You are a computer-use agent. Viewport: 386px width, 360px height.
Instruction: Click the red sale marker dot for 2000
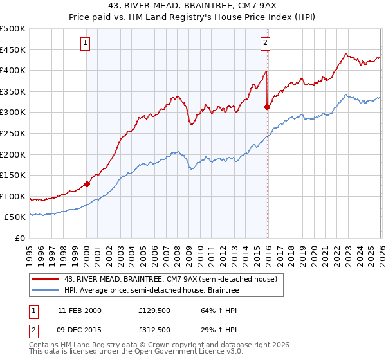[87, 183]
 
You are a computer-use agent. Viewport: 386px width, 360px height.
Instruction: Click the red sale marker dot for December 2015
[267, 107]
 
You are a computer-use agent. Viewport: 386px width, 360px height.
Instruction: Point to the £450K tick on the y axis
[13, 50]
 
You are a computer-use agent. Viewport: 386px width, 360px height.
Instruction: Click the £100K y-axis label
[13, 196]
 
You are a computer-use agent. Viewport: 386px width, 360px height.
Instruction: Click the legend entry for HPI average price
[151, 291]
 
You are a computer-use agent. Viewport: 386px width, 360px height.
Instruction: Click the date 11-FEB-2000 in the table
[79, 310]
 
